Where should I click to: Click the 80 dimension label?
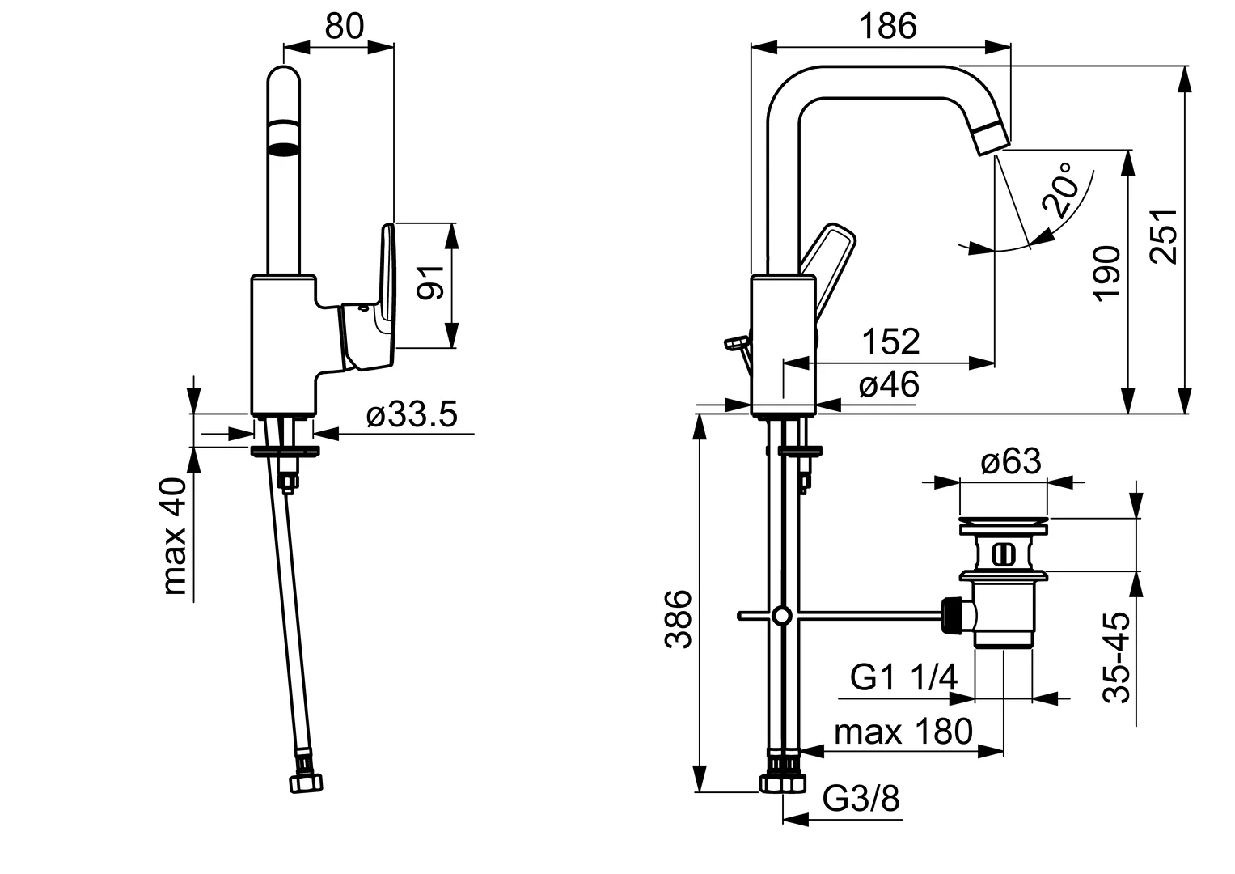coord(345,27)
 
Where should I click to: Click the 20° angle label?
coord(1063,189)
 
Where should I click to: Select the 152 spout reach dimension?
coord(890,342)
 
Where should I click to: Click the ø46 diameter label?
coord(889,384)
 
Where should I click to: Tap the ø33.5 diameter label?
coord(412,415)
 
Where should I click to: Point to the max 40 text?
coord(175,536)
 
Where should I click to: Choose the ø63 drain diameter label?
coord(1010,462)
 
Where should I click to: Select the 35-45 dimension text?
coord(1115,657)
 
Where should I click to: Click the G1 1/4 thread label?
coord(904,677)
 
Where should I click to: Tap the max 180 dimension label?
coord(903,732)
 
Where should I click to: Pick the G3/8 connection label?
coord(861,800)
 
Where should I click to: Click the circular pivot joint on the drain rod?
coord(780,616)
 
